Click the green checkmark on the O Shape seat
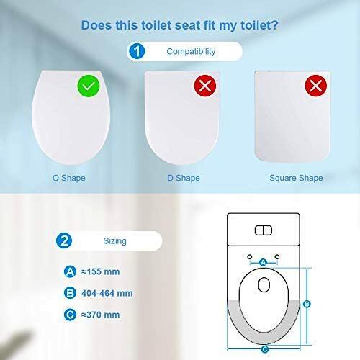(x=89, y=86)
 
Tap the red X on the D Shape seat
(x=205, y=86)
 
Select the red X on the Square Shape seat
(x=316, y=86)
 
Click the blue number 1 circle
(x=137, y=51)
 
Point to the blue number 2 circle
(x=64, y=240)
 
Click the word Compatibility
(x=191, y=51)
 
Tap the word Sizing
(x=114, y=241)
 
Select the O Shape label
(x=69, y=178)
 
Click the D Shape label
(x=184, y=178)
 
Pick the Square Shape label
(x=296, y=178)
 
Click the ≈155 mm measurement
(x=101, y=271)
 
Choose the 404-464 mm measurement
(x=107, y=293)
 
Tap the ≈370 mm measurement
(x=101, y=315)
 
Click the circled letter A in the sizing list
(x=70, y=271)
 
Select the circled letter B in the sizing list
(x=70, y=293)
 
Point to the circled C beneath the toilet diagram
(x=265, y=349)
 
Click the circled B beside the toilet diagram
(x=307, y=304)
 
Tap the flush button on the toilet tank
(x=264, y=230)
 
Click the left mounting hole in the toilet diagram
(x=250, y=257)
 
